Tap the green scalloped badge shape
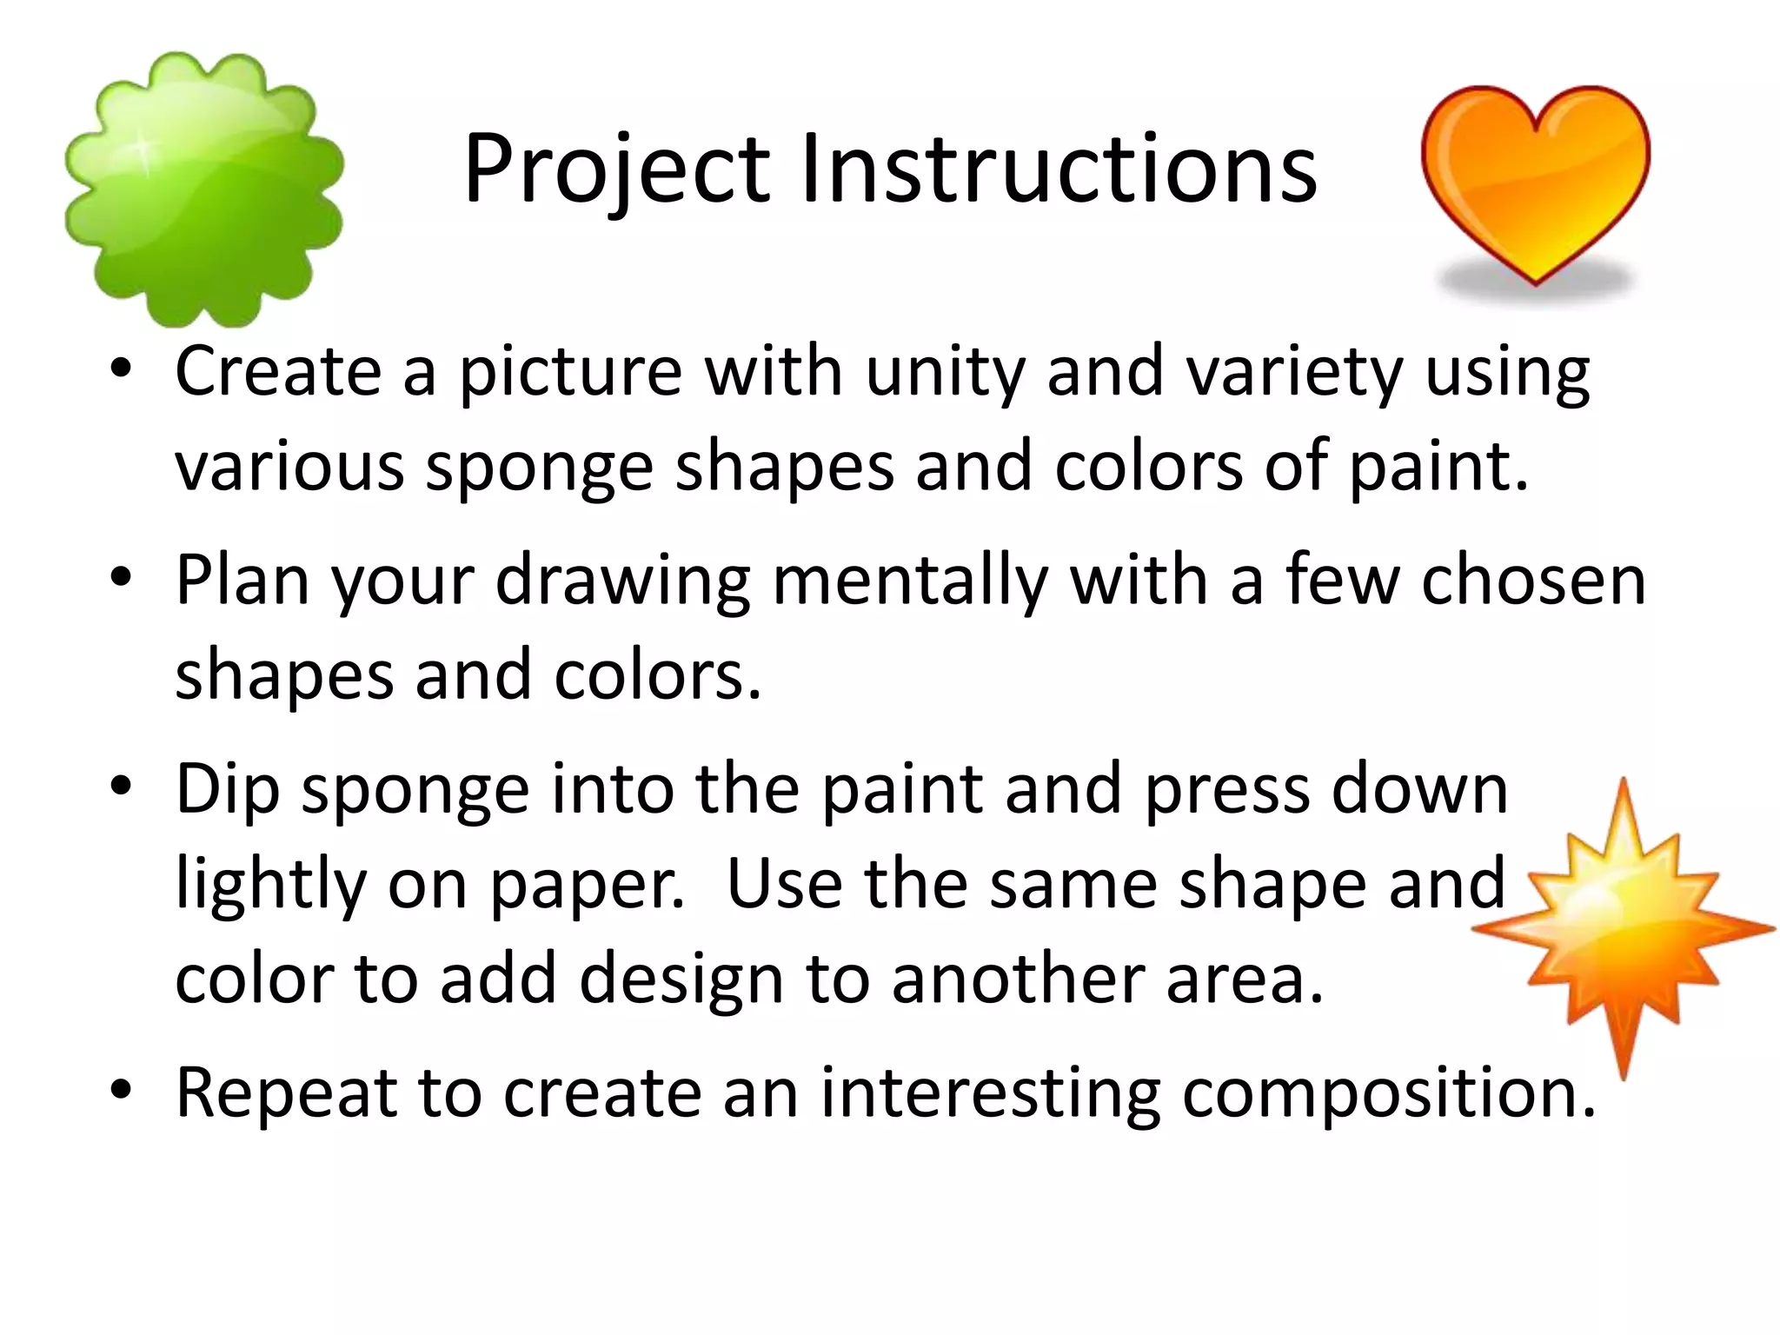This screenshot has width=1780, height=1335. coord(204,189)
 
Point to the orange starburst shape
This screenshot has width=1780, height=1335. coord(1622,927)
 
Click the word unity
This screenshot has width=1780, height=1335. coord(946,372)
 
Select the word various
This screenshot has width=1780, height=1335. coord(289,467)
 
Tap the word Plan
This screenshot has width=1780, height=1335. coord(242,581)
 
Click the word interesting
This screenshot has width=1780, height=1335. coord(990,1093)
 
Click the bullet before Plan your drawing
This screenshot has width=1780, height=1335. coord(121,576)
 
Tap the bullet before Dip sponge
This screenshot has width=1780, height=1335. coord(121,786)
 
